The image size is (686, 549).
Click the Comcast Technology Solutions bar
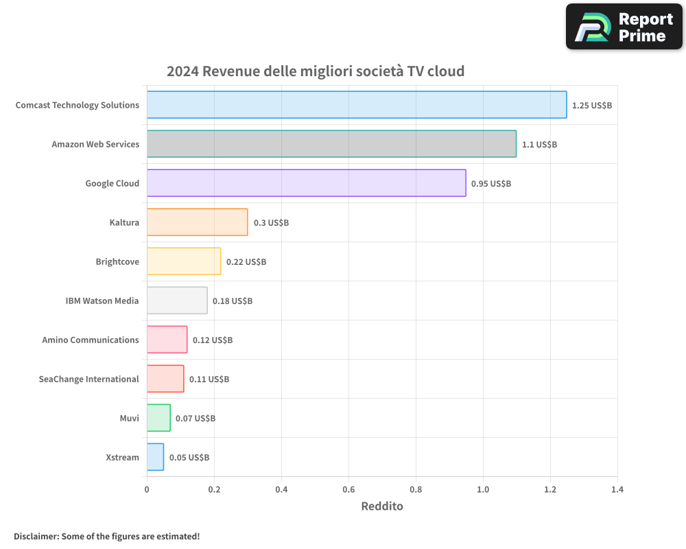(357, 105)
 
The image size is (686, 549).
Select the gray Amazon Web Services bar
(331, 144)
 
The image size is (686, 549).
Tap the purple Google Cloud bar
(306, 183)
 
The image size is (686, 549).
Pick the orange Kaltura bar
(197, 222)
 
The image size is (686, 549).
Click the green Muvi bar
(158, 418)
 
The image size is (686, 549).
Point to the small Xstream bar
(155, 457)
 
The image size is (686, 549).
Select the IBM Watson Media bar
(177, 301)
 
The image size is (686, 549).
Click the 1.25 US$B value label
(592, 106)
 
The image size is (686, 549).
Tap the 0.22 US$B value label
(246, 262)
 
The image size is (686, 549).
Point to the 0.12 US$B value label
(213, 340)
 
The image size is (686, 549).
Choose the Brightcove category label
(117, 261)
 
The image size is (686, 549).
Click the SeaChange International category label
(88, 379)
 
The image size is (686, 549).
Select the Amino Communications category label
(91, 340)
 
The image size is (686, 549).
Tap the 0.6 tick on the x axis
(348, 490)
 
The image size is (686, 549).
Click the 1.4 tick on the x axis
(617, 490)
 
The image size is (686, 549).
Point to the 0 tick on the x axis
(147, 490)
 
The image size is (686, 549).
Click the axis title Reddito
(382, 506)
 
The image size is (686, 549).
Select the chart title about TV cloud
(316, 71)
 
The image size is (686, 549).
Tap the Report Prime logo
(624, 27)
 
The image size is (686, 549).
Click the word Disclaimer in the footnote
(36, 536)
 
